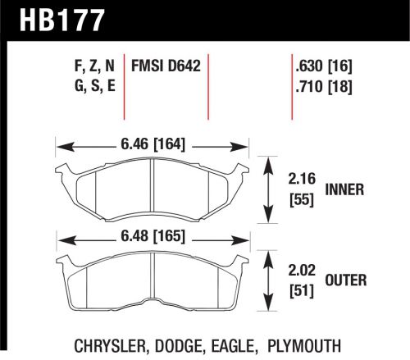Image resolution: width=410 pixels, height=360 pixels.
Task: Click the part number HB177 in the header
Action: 56,19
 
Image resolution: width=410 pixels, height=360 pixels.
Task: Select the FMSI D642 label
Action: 175,64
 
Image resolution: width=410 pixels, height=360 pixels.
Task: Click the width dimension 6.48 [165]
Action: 152,237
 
